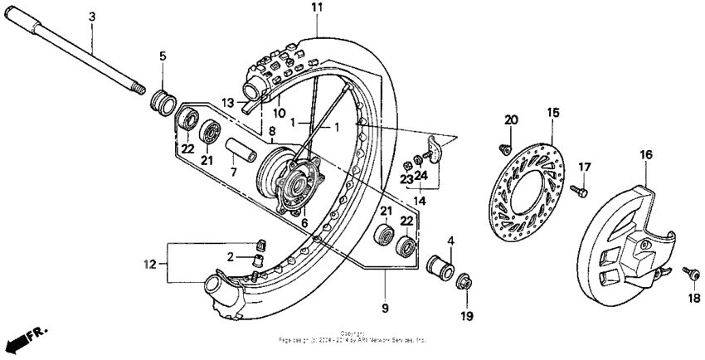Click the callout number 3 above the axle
pyautogui.click(x=91, y=17)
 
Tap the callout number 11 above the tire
pyautogui.click(x=316, y=7)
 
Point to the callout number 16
pyautogui.click(x=647, y=153)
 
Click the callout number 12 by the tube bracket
pyautogui.click(x=149, y=265)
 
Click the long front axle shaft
pyautogui.click(x=83, y=57)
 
